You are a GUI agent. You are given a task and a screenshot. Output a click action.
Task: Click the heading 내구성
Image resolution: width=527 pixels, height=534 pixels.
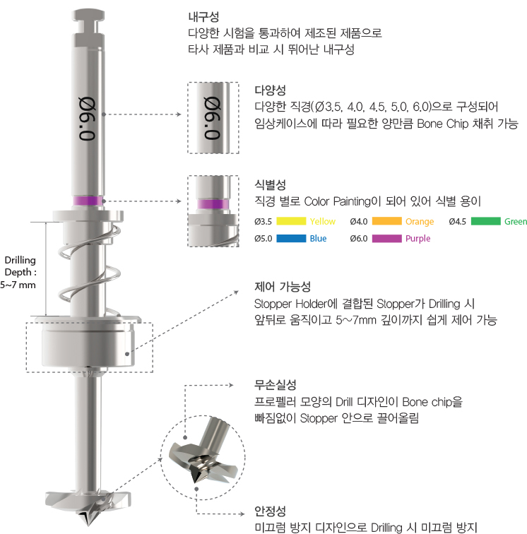[203, 16]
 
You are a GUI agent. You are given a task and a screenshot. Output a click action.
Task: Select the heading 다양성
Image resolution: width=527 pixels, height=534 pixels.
[270, 90]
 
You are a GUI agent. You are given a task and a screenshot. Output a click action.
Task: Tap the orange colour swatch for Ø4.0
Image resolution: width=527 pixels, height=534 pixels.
[386, 222]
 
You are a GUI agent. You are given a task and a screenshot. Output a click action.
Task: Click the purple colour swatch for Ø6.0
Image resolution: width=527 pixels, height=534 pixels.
[386, 239]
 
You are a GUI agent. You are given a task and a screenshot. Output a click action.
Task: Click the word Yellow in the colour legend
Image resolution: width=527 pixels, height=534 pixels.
[323, 222]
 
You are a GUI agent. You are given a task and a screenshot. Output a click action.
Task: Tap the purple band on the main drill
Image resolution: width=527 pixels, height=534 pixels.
[89, 201]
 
